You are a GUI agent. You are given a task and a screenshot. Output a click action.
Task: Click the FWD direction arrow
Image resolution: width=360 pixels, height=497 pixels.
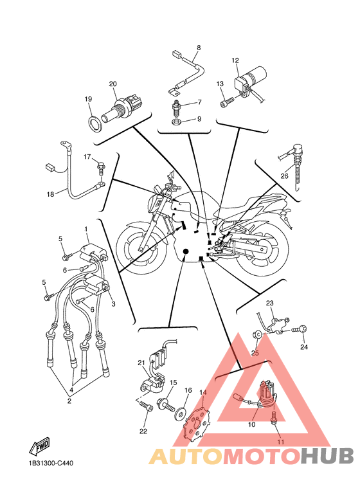[40, 447]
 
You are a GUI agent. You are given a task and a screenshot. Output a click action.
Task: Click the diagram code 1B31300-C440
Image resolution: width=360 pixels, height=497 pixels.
[51, 464]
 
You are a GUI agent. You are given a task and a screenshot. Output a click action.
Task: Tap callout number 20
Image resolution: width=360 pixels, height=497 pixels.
[113, 84]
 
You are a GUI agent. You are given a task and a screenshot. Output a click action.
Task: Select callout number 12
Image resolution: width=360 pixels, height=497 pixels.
[235, 60]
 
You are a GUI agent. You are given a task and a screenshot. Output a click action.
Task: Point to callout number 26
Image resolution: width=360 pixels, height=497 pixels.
[284, 176]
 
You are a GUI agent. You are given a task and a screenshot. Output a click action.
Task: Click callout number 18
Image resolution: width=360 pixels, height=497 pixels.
[50, 194]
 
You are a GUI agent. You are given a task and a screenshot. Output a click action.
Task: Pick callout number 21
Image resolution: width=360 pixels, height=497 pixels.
[141, 363]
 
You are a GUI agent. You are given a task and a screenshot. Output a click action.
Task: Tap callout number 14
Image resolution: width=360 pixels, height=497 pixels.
[203, 392]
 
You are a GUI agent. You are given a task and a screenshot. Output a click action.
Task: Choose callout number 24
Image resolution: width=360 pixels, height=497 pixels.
[304, 347]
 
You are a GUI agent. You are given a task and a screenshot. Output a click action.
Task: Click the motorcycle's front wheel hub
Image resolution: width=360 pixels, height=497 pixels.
[140, 248]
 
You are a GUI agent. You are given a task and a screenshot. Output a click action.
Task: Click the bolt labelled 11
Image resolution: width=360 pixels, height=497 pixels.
[274, 417]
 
